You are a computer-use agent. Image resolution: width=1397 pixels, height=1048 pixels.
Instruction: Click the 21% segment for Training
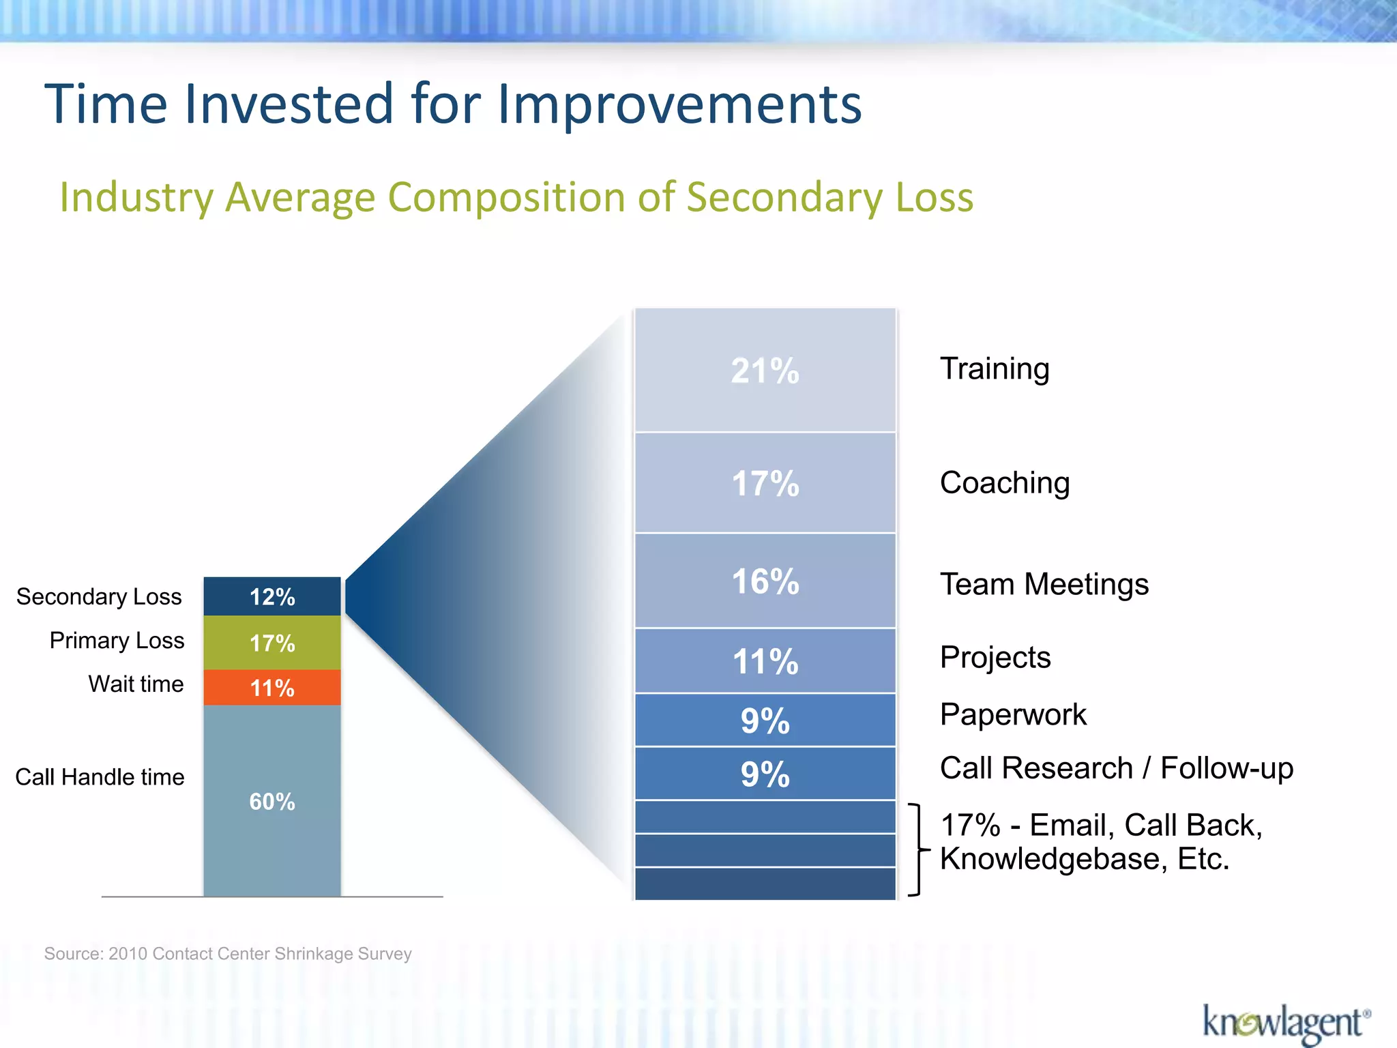765,370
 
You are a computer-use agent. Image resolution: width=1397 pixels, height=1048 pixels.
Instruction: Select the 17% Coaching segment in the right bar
765,483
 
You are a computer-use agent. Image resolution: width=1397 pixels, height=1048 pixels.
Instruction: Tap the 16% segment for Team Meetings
765,581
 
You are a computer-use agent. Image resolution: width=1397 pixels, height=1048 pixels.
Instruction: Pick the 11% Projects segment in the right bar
765,661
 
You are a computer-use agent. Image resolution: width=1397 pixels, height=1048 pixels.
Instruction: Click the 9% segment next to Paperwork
765,720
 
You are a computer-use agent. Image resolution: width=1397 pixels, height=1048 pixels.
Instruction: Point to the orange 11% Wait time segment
271,688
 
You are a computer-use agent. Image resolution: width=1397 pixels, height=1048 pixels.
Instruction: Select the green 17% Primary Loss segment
271,643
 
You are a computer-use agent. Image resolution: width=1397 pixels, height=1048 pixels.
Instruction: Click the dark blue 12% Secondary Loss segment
271,597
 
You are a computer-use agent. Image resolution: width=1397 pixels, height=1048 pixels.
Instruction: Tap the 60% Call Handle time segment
271,801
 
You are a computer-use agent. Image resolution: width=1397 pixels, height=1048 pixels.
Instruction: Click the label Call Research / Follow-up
1116,768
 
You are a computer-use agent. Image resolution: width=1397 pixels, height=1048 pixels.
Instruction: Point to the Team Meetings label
1044,585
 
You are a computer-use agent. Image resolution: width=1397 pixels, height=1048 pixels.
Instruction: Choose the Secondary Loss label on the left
99,597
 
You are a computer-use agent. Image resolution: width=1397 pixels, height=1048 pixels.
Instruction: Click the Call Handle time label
100,777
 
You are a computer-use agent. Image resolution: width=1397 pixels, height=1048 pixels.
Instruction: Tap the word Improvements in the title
679,104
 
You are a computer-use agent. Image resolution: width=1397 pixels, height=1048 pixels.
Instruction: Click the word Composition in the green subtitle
507,197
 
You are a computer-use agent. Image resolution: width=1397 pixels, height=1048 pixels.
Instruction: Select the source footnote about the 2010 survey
228,954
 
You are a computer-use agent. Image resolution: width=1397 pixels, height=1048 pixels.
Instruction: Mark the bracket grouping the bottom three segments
918,850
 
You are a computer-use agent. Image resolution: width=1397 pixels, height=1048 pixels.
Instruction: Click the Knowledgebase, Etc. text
1084,859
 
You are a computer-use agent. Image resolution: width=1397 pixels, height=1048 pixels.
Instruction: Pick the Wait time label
136,684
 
